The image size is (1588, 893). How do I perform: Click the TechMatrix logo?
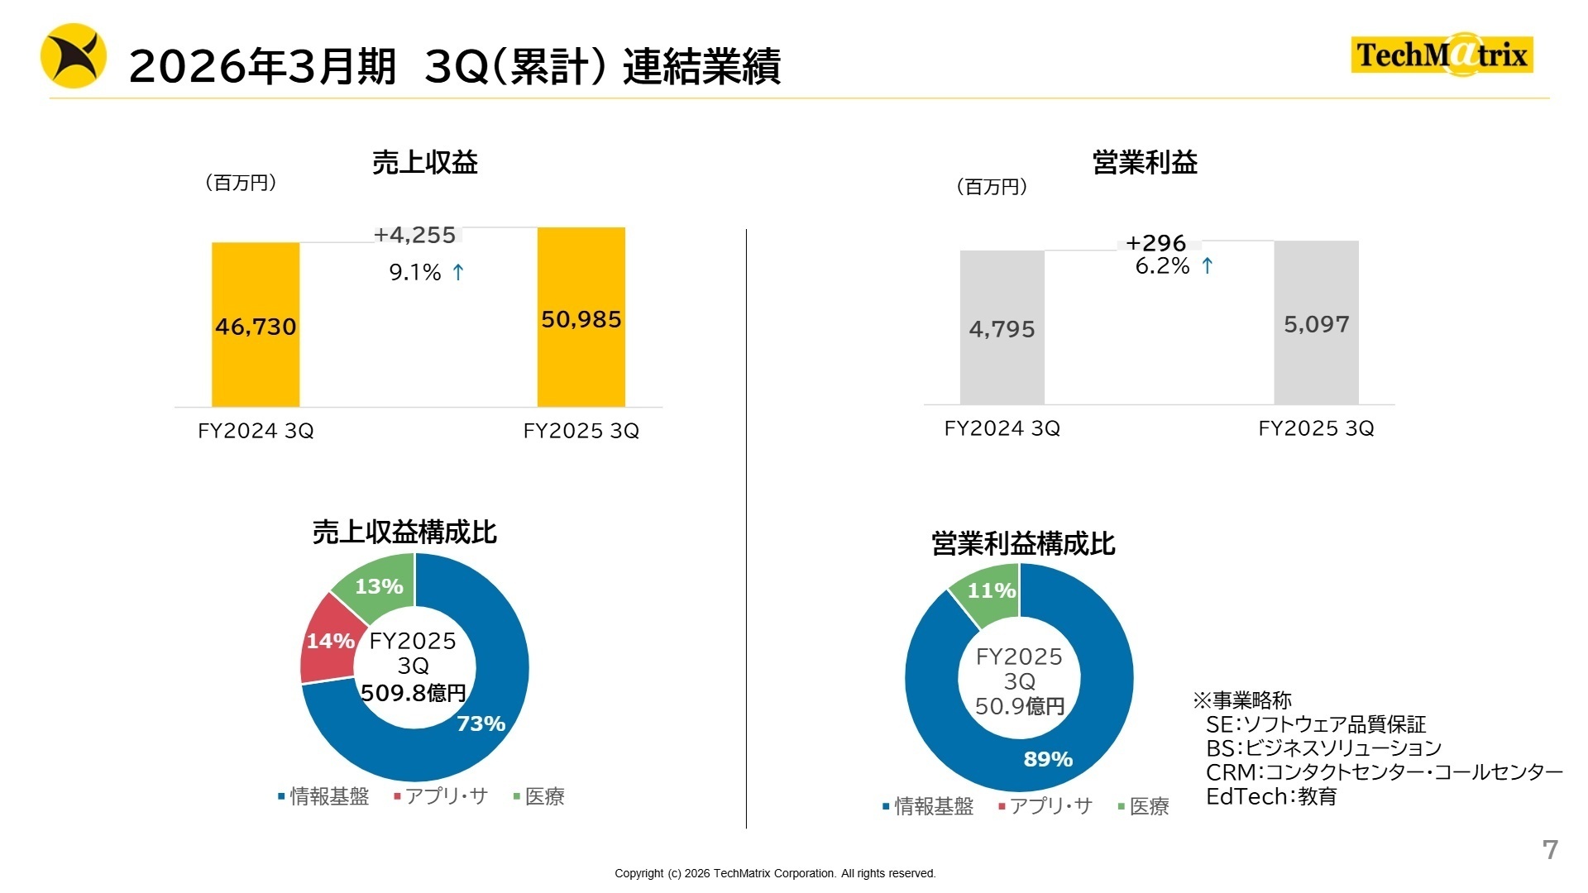click(x=1442, y=55)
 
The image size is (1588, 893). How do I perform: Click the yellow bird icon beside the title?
click(x=74, y=56)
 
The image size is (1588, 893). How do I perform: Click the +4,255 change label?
click(x=414, y=235)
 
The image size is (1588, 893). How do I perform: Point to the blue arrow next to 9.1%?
click(x=458, y=272)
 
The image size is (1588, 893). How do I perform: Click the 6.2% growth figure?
click(x=1162, y=266)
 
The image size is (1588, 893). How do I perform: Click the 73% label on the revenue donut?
click(x=481, y=723)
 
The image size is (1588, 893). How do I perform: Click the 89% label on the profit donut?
click(x=1048, y=759)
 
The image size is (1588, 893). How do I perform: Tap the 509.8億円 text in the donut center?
click(x=414, y=692)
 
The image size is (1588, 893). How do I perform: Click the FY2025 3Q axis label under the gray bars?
click(x=1316, y=428)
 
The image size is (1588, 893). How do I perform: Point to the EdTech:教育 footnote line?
click(x=1271, y=797)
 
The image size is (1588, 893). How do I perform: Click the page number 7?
click(x=1550, y=849)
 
